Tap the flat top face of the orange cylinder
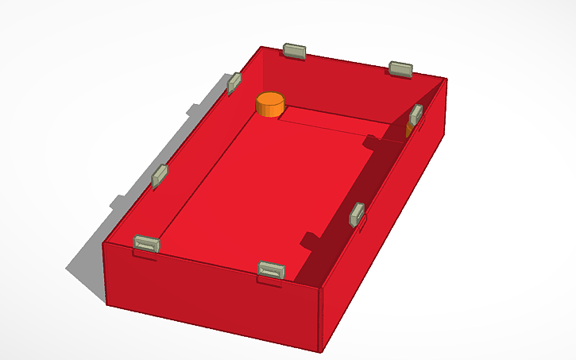[270, 100]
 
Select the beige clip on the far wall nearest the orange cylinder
[295, 52]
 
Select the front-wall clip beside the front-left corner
[147, 244]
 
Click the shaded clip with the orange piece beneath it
[416, 115]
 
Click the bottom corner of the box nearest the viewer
[323, 350]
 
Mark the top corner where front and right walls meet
[324, 287]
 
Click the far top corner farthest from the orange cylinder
[446, 79]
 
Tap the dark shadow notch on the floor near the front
[309, 239]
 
